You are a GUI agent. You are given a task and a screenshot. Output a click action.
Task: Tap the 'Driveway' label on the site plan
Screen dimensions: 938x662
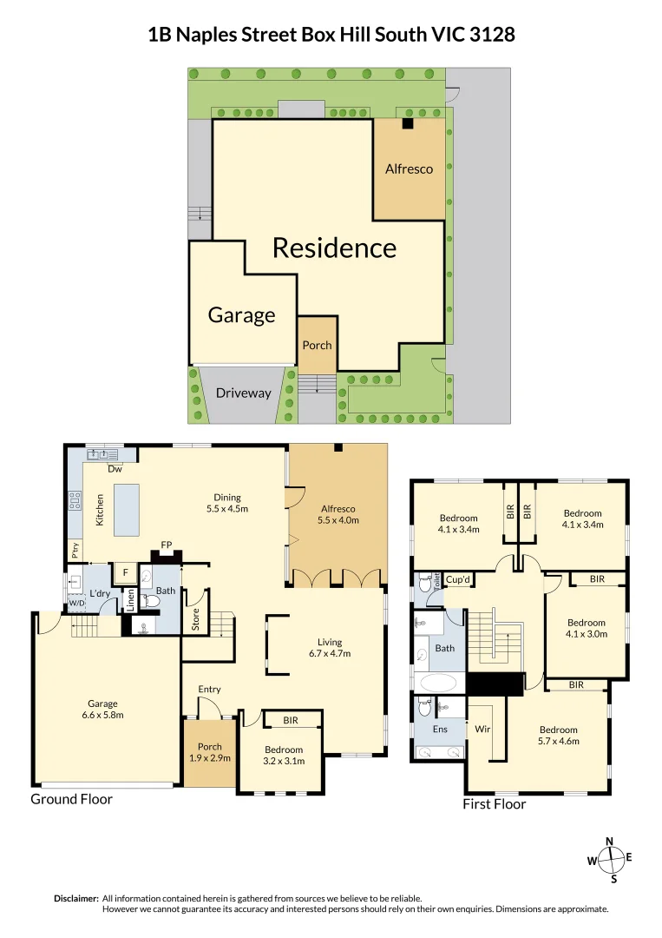point(243,393)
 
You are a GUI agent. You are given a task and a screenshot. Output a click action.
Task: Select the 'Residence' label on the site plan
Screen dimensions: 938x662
point(334,248)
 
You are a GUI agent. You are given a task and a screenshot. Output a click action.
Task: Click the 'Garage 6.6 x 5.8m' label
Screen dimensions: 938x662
point(102,710)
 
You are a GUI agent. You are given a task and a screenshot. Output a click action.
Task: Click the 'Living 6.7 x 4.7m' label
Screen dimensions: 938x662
point(329,647)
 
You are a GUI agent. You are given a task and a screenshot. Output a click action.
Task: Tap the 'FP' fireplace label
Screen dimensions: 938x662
point(166,546)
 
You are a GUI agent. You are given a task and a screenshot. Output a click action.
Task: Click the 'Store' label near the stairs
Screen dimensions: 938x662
point(196,620)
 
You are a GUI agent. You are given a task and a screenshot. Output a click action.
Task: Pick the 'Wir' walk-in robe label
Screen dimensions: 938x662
point(482,730)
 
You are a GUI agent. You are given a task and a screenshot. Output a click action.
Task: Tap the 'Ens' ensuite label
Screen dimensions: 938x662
point(440,729)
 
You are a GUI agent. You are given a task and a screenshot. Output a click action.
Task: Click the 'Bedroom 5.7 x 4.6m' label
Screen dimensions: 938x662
point(558,735)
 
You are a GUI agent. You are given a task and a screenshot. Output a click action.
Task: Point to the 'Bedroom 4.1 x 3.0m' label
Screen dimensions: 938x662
point(586,628)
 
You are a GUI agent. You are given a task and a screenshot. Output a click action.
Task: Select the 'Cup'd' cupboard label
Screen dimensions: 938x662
point(457,579)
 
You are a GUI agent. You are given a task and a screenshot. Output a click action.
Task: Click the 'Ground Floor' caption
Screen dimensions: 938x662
point(71,799)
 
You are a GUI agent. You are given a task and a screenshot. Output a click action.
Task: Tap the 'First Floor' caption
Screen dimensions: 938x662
point(495,804)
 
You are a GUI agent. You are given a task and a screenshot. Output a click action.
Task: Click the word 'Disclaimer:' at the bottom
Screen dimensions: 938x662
point(75,898)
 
